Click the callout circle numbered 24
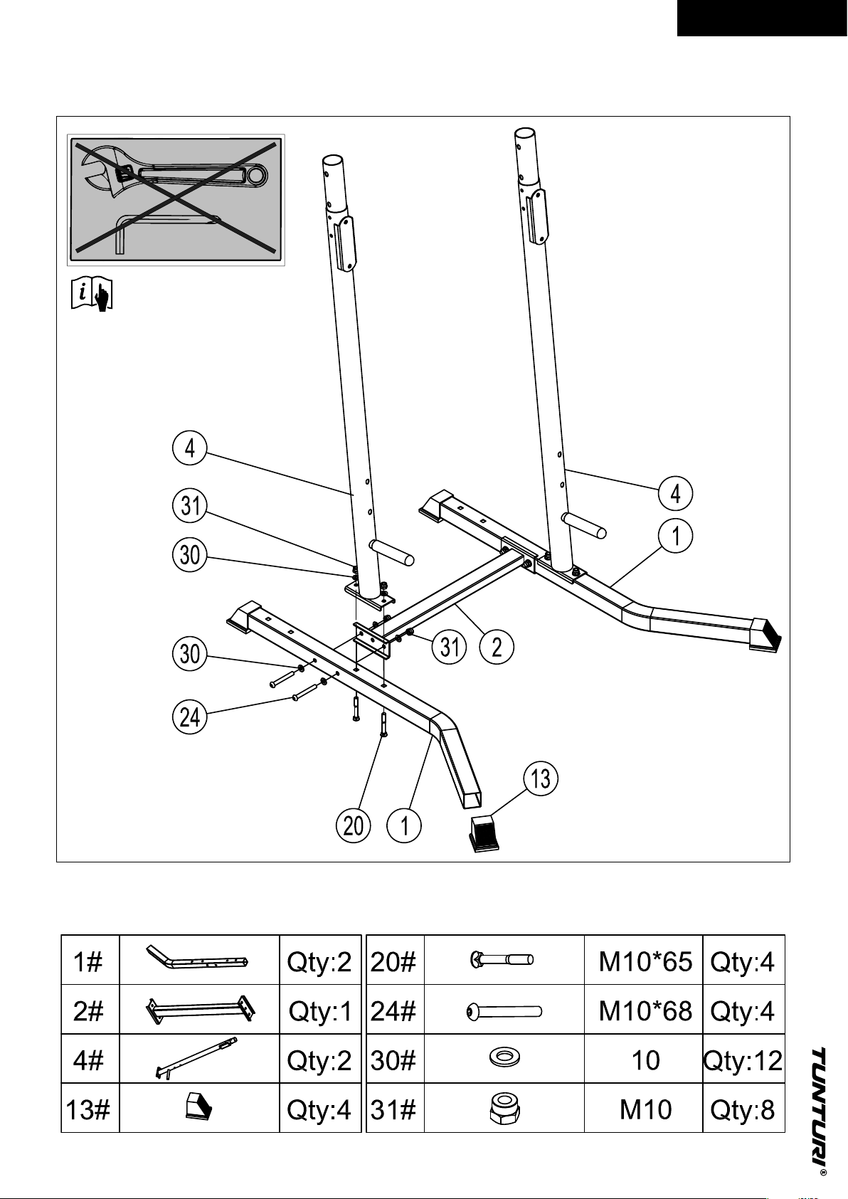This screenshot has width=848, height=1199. coord(189,717)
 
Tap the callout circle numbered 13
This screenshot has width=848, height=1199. coord(541,778)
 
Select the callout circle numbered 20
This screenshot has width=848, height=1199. coord(353,825)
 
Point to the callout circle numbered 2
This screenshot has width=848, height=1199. coord(497,647)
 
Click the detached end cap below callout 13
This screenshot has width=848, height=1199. coord(484,833)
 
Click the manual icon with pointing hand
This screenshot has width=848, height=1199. coord(92,293)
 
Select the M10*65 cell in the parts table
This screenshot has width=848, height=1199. coord(645,962)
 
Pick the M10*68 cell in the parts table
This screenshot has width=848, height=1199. coord(645,1011)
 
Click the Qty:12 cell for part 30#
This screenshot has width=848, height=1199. coord(743,1060)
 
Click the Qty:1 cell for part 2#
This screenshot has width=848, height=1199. coord(320,1011)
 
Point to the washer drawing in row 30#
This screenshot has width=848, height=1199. coord(504,1057)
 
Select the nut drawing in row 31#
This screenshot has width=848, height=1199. coord(504,1108)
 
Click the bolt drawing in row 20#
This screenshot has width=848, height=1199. coord(502,959)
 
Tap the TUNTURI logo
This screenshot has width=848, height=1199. coord(820,1103)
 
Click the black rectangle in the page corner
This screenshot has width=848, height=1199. coord(762,19)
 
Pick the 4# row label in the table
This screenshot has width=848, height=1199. coord(88,1060)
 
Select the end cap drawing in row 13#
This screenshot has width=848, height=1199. coord(198,1107)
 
